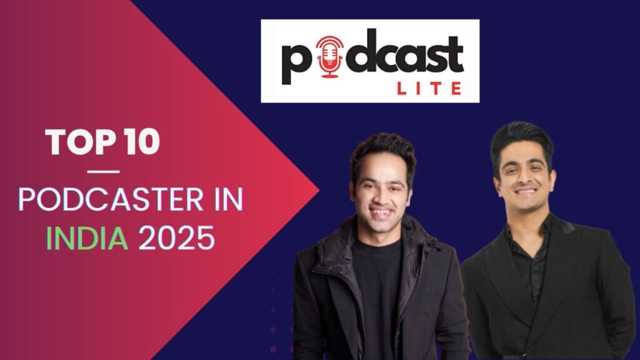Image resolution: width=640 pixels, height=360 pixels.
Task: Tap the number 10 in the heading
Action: (141, 144)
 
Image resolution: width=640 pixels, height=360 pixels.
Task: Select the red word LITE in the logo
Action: (429, 88)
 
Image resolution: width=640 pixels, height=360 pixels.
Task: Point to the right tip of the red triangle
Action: (318, 189)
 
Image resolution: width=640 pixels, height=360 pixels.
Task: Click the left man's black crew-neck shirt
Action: (378, 281)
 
